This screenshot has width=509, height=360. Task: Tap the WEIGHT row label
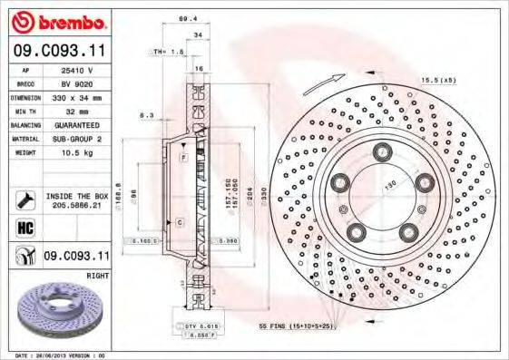point(25,152)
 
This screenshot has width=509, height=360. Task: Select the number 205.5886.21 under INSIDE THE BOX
point(77,205)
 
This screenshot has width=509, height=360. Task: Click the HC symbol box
point(24,227)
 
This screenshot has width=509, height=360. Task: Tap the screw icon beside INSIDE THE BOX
point(24,199)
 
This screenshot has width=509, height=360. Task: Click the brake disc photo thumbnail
point(61,312)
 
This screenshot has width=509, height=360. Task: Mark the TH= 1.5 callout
point(170,54)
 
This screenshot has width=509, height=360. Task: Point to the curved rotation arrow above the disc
point(319,84)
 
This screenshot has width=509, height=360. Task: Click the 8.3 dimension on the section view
point(146,116)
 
